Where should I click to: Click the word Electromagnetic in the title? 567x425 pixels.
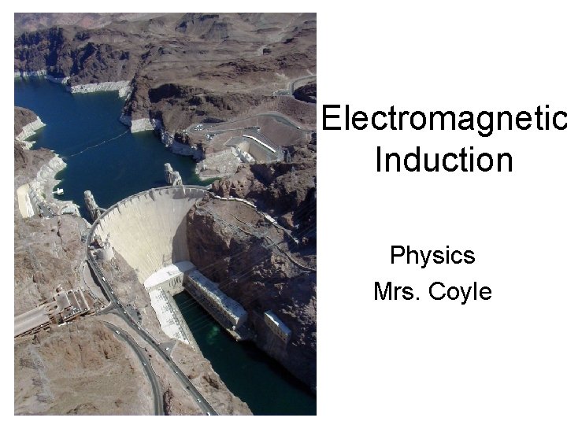pos(443,119)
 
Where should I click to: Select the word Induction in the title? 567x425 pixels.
pos(443,160)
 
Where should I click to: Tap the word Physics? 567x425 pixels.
pos(432,256)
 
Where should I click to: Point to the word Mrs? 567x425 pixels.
pos(398,292)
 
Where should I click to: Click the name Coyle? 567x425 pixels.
pos(460,293)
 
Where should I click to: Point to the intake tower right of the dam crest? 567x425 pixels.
pos(172,175)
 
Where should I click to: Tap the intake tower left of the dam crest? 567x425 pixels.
pos(92,205)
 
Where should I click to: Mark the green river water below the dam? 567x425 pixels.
pos(236,370)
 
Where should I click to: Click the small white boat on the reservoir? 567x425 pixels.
pos(59,191)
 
